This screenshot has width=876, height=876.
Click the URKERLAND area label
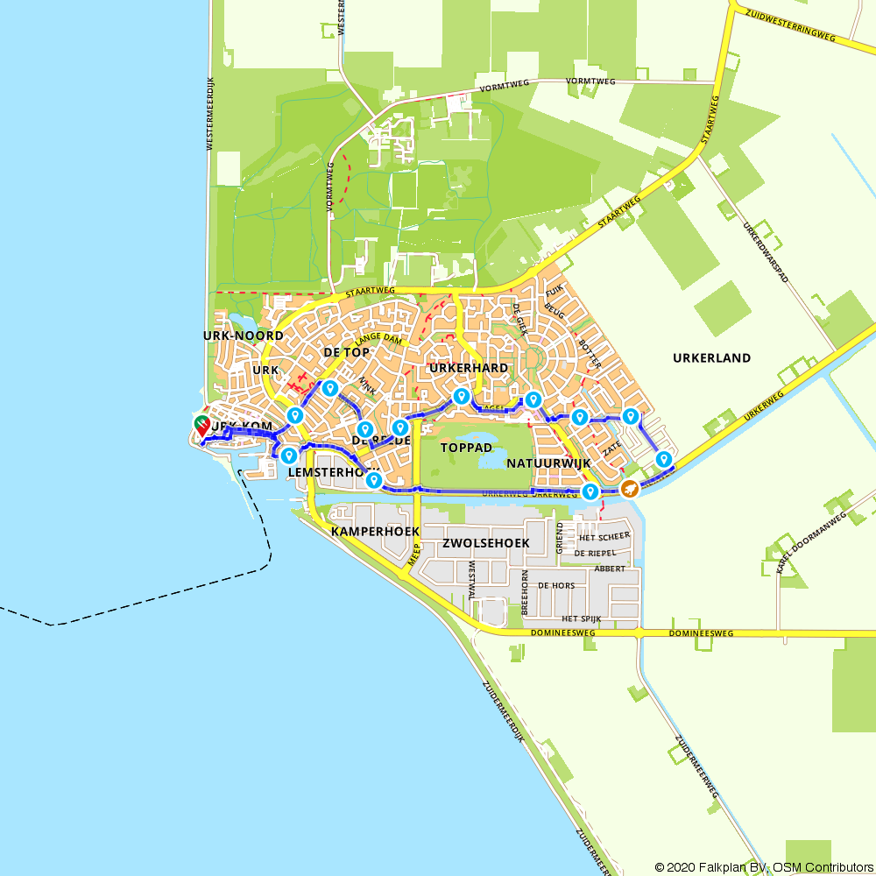click(x=711, y=357)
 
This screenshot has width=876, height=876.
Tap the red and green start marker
click(x=202, y=427)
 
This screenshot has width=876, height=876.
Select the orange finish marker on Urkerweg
click(x=629, y=488)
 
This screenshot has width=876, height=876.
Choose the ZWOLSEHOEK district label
click(x=486, y=543)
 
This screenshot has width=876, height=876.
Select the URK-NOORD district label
click(x=243, y=336)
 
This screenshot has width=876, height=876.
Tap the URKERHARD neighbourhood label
click(x=468, y=368)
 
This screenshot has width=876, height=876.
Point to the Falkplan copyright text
click(x=763, y=866)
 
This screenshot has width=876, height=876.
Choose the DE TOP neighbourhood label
click(x=346, y=352)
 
